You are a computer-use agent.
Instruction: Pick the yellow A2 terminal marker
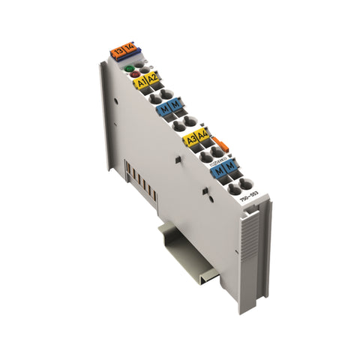coord(153,78)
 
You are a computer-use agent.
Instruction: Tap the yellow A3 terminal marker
coord(192,139)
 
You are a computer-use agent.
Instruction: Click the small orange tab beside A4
coord(218,142)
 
